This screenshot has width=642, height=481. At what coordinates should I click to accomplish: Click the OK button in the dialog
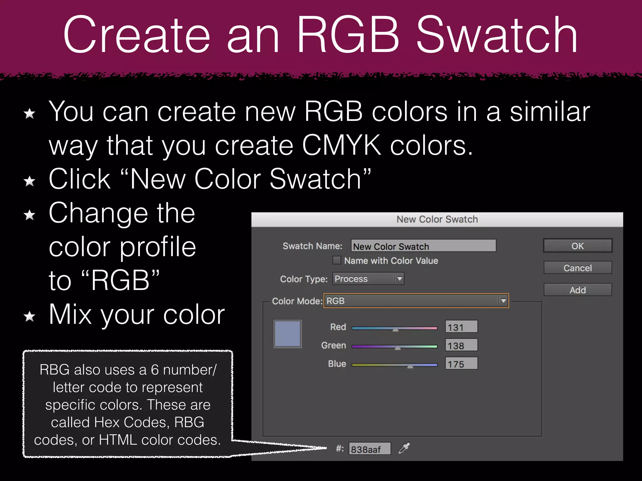click(x=577, y=246)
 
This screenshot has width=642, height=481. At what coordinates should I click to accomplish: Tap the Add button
click(x=577, y=290)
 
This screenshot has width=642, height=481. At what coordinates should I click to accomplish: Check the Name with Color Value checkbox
click(x=337, y=260)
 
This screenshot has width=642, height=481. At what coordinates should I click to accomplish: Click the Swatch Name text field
click(x=423, y=246)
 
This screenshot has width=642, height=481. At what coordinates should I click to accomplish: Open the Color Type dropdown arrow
click(x=399, y=279)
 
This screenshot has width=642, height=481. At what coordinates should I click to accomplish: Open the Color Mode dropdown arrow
click(x=503, y=301)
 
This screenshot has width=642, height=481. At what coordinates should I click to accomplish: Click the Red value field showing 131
click(x=461, y=327)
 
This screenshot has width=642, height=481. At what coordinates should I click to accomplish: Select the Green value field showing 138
click(x=461, y=345)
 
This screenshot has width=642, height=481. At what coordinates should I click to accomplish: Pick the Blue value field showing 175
click(x=461, y=364)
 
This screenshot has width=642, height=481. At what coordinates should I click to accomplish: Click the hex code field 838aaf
click(x=370, y=449)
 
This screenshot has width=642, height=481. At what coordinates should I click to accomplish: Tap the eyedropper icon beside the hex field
click(x=404, y=448)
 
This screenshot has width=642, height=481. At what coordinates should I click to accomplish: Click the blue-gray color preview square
click(x=287, y=334)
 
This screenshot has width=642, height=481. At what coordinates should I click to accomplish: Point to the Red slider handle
click(x=396, y=329)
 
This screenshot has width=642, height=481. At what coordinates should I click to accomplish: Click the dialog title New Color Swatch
click(x=437, y=220)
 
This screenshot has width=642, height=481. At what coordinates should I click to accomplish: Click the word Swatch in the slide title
click(x=497, y=35)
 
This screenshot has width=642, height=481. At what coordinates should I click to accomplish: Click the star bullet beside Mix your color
click(x=29, y=317)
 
